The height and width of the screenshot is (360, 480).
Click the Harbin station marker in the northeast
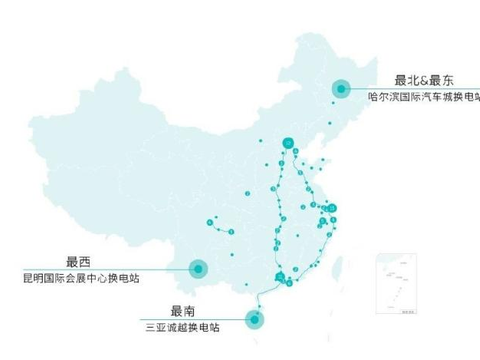coord(342,89)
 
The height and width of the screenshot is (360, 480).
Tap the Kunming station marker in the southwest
coord(198,268)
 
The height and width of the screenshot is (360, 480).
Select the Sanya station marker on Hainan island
coord(256,319)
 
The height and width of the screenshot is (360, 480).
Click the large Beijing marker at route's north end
coord(289,143)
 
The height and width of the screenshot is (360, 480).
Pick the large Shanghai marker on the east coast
coord(332,209)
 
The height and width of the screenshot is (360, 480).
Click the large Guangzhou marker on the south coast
coord(281,274)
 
